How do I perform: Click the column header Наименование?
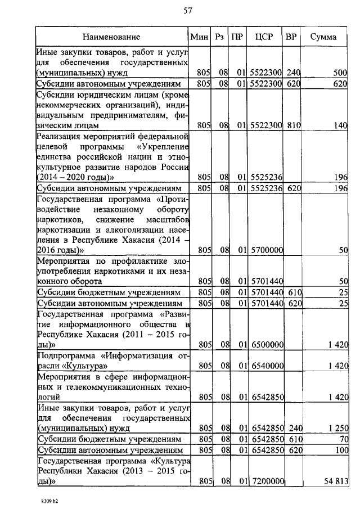pyautogui.click(x=111, y=37)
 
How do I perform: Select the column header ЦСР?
pyautogui.click(x=264, y=37)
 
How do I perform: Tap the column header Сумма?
pyautogui.click(x=324, y=37)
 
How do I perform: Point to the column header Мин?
pyautogui.click(x=200, y=37)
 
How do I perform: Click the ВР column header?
pyautogui.click(x=291, y=37)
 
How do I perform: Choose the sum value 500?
pyautogui.click(x=340, y=73)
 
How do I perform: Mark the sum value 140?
pyautogui.click(x=341, y=126)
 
